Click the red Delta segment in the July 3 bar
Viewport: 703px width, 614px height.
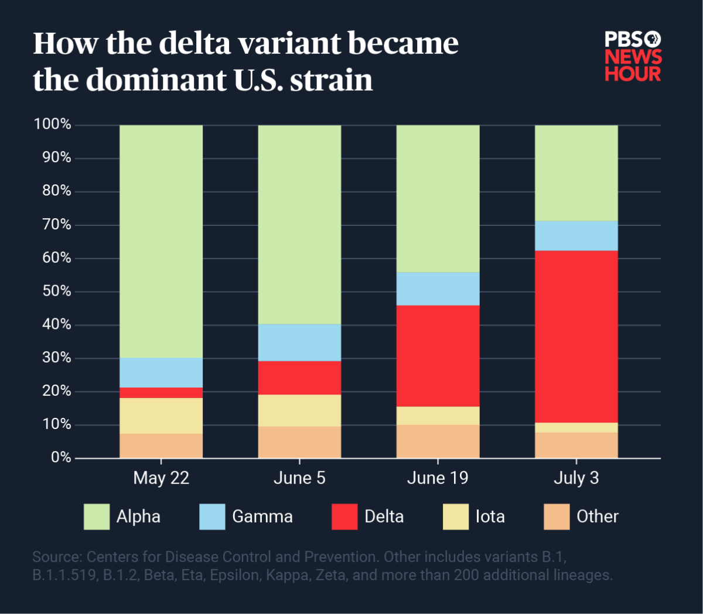pos(576,337)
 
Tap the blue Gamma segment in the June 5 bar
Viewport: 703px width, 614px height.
pos(299,342)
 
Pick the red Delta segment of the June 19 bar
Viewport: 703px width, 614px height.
pos(438,356)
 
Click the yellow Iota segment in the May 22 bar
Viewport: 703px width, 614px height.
pos(161,416)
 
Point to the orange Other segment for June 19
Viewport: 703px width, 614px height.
pos(438,441)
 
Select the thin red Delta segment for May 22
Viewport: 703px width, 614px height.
pos(161,393)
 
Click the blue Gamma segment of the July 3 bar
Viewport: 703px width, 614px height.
pos(576,236)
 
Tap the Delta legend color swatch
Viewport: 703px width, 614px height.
pos(344,517)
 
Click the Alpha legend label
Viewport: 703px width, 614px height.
pos(138,517)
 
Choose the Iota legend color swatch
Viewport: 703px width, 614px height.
pos(456,517)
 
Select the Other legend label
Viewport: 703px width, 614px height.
pos(597,517)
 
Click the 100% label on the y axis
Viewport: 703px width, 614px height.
pos(53,125)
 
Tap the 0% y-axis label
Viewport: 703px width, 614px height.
pos(61,458)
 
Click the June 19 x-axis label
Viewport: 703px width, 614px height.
pos(438,478)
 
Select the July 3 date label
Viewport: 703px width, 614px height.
pos(576,478)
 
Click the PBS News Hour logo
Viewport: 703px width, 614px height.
pos(633,56)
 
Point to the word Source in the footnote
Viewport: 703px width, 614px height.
pos(57,557)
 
